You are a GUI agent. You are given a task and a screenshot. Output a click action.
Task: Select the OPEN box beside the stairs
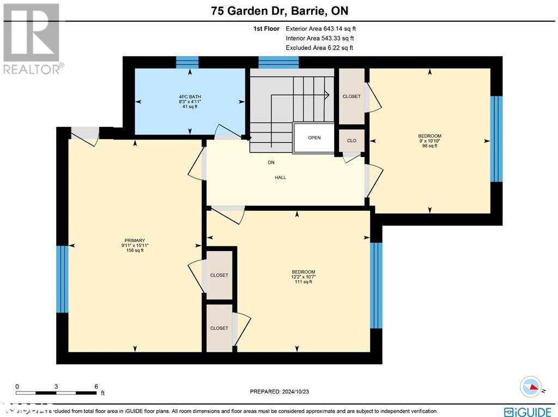point(314,138)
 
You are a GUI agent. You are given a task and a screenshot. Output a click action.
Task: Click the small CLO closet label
point(351,140)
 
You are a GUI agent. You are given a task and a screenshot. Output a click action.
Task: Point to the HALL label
point(280,177)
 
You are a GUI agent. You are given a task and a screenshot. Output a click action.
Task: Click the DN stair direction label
point(271,162)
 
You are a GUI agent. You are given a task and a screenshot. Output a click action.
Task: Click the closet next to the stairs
point(351,96)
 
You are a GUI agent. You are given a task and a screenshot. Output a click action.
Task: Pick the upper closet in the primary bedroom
point(219,275)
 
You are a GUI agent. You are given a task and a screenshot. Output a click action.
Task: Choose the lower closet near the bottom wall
point(219,328)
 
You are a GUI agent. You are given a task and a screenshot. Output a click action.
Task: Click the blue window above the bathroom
point(187,62)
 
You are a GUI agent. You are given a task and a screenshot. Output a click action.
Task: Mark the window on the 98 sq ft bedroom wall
point(496,139)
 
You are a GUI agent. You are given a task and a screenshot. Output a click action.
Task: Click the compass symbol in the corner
point(531,387)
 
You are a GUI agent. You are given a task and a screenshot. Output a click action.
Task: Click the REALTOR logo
point(32,38)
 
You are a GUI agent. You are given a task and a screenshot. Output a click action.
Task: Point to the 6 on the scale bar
point(96,387)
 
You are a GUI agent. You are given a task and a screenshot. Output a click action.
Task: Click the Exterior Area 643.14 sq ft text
point(321,29)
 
